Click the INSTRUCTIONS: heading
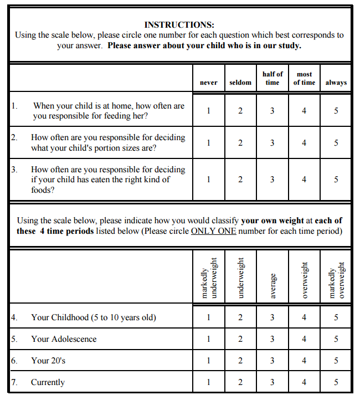[x=179, y=25]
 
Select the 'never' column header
[x=208, y=83]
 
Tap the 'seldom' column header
[x=240, y=83]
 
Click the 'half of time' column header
[x=272, y=78]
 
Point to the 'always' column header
[x=336, y=83]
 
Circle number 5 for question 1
[x=336, y=111]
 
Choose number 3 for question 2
[x=272, y=143]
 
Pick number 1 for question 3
[x=208, y=179]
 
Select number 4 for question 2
[x=304, y=143]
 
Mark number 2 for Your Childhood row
[x=240, y=318]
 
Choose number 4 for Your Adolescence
[x=304, y=339]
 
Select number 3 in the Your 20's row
[x=272, y=361]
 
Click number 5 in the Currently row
[x=336, y=382]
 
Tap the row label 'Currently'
[x=48, y=382]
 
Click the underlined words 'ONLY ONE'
[x=213, y=231]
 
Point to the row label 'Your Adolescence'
[x=64, y=339]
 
